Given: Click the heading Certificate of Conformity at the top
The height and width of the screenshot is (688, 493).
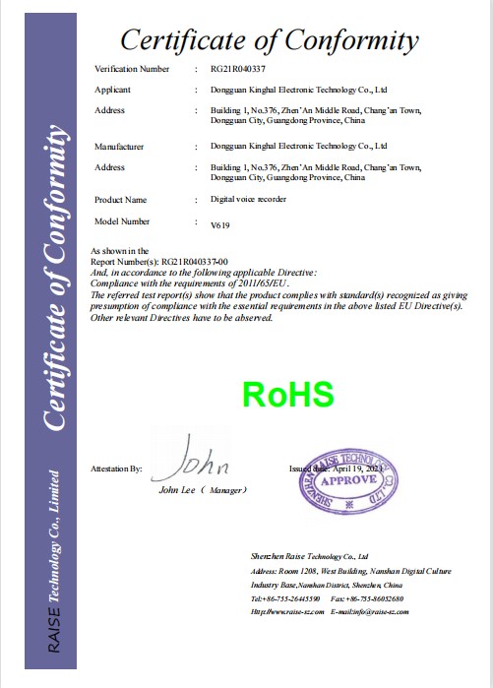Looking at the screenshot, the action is tap(270, 40).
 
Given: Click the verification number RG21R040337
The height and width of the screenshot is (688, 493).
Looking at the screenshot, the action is tap(239, 69).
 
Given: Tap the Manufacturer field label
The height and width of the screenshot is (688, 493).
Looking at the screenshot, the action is tap(119, 146).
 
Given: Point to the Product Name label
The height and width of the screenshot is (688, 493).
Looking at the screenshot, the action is tap(121, 200).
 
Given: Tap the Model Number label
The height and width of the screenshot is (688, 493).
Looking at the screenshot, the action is tap(122, 222).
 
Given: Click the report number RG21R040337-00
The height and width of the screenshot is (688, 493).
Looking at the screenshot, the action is tap(195, 262).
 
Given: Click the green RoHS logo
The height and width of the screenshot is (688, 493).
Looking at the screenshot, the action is tap(288, 395).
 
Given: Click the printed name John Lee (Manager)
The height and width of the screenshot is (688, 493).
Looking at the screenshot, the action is tap(203, 490).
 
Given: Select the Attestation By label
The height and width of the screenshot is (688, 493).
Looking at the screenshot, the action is tap(116, 470).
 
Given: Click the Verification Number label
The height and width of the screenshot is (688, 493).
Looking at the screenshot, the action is tap(132, 69).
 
